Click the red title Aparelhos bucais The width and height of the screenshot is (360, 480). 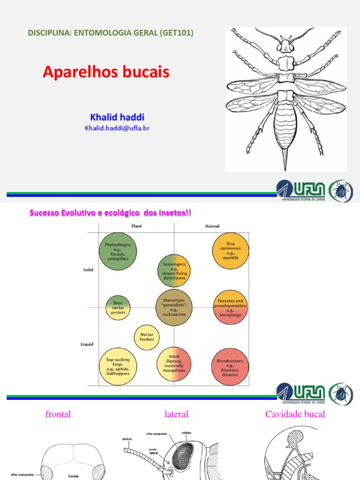[x=106, y=72]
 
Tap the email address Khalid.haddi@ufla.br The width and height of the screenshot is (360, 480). [x=117, y=127]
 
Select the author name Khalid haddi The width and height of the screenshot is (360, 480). [x=116, y=117]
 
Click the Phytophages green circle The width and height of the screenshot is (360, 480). [x=118, y=252]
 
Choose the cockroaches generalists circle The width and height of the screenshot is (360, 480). [x=174, y=307]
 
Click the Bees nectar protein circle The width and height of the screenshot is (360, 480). [x=118, y=307]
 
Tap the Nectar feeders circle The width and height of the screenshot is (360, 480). [x=147, y=337]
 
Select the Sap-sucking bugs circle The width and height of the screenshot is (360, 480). [x=118, y=366]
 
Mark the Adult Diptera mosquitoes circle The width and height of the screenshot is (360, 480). [x=174, y=364]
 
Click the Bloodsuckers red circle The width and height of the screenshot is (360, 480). [x=230, y=366]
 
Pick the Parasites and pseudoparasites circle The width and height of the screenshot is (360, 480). [x=230, y=307]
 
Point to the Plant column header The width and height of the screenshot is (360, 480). [x=137, y=226]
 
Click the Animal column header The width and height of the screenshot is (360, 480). [x=212, y=226]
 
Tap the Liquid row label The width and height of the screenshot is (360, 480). [x=87, y=344]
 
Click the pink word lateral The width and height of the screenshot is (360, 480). [x=176, y=414]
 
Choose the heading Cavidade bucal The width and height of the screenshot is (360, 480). [x=295, y=414]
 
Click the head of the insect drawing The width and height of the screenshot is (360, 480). [x=285, y=45]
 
